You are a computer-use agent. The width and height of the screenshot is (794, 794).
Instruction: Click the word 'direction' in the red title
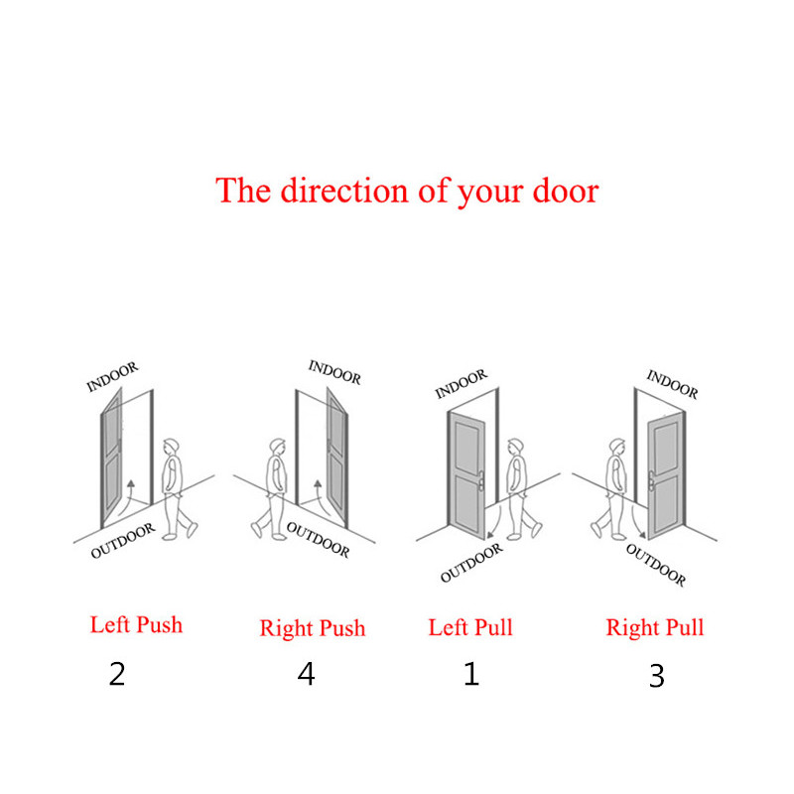pyautogui.click(x=344, y=191)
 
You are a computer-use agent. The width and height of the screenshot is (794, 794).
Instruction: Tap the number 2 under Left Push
pyautogui.click(x=117, y=674)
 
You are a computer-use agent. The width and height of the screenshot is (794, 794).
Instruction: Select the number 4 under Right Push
pyautogui.click(x=306, y=674)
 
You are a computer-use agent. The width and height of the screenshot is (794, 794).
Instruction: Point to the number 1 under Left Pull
pyautogui.click(x=471, y=674)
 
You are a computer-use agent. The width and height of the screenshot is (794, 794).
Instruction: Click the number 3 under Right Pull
pyautogui.click(x=657, y=676)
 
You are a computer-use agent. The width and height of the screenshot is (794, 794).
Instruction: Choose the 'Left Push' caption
pyautogui.click(x=136, y=625)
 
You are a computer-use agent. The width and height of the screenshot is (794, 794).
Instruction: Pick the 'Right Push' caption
pyautogui.click(x=313, y=628)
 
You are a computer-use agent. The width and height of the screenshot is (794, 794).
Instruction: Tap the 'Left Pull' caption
pyautogui.click(x=470, y=627)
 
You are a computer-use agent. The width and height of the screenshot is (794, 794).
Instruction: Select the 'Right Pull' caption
pyautogui.click(x=655, y=628)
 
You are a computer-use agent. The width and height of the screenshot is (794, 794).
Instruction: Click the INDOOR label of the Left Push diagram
pyautogui.click(x=112, y=377)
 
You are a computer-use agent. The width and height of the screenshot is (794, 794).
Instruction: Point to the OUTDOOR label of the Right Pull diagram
pyautogui.click(x=656, y=565)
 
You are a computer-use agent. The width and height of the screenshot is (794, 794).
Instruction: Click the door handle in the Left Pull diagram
pyautogui.click(x=480, y=480)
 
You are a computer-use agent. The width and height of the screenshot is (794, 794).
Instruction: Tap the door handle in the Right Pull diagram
pyautogui.click(x=652, y=480)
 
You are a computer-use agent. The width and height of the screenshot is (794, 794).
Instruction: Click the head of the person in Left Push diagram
pyautogui.click(x=171, y=447)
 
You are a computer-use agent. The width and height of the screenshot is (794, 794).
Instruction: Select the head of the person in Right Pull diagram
pyautogui.click(x=617, y=448)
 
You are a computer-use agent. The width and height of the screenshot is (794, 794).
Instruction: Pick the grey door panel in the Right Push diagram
pyautogui.click(x=336, y=458)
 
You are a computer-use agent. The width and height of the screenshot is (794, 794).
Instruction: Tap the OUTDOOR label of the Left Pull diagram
pyautogui.click(x=472, y=563)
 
